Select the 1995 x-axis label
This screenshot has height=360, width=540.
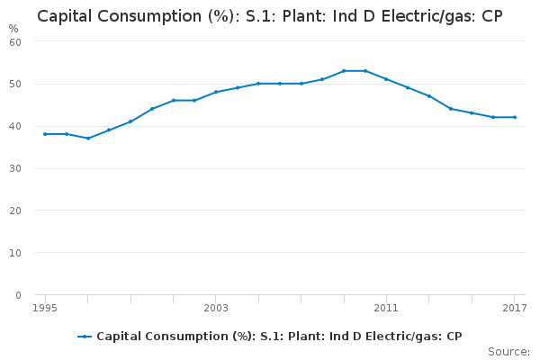(45, 309)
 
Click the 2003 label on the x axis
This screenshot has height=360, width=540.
(216, 309)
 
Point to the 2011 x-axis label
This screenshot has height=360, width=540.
(386, 309)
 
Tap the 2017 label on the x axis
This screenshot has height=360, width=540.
(514, 309)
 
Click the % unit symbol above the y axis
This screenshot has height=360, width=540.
(13, 28)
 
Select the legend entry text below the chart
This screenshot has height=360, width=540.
(279, 337)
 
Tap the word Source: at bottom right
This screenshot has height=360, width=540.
(508, 351)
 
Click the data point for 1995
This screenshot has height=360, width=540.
(45, 134)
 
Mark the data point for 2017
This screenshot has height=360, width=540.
(515, 117)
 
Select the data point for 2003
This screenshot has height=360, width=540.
(216, 92)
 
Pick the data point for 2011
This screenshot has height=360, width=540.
(386, 79)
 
